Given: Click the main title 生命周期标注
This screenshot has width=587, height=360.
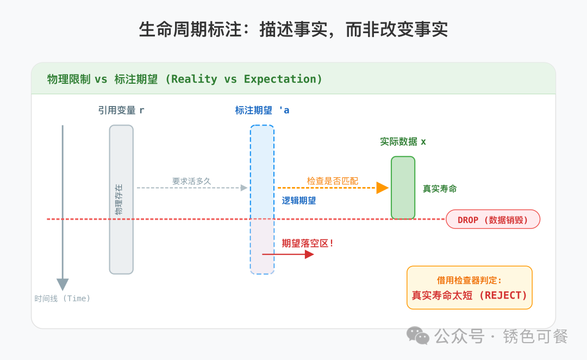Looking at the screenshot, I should point(293,29).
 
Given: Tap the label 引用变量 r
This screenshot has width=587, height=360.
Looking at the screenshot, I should point(121,110).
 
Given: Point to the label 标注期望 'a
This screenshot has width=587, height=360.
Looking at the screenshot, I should point(262,110).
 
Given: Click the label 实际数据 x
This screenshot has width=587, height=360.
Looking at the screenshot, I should point(403,142).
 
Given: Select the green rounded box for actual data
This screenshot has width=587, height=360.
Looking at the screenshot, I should point(403,188).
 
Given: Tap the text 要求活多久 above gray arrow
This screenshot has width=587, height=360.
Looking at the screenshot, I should point(191,181).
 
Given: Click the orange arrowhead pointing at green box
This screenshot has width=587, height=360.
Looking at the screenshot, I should point(383,188).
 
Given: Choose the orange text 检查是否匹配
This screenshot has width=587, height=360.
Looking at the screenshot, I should point(333,181).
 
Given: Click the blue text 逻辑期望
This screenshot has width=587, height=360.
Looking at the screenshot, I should point(299,201).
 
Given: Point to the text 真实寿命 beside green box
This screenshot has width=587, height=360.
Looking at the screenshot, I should point(440,189).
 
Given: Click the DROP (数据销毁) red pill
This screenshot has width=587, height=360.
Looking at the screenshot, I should point(493,220).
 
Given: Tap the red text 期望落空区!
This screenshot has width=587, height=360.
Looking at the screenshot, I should point(308,243).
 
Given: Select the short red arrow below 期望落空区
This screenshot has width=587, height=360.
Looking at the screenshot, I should point(288,254).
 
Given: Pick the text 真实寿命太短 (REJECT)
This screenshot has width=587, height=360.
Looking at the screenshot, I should point(470,295).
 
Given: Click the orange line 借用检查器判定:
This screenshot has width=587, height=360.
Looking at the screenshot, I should point(470,281).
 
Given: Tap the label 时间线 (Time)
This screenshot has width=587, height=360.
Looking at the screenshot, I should point(63,299).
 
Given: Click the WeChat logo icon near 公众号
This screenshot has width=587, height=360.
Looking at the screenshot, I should point(418,336).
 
